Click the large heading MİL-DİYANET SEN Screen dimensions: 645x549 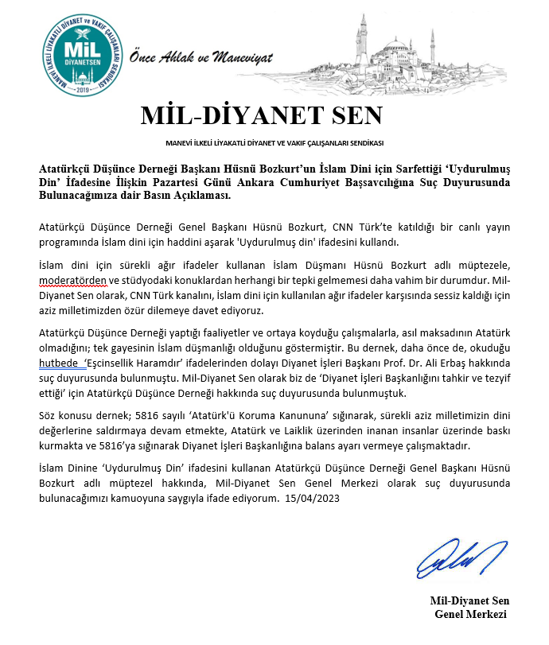click(x=262, y=116)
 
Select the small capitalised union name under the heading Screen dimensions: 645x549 click(x=274, y=143)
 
